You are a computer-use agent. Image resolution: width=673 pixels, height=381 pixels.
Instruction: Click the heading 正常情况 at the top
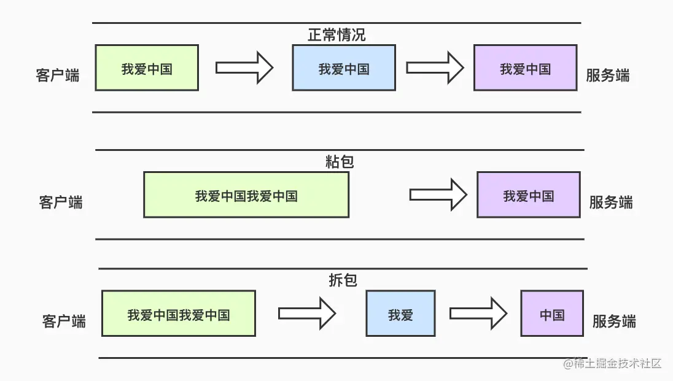click(336, 35)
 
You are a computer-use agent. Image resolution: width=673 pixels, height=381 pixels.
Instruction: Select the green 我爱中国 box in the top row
click(147, 68)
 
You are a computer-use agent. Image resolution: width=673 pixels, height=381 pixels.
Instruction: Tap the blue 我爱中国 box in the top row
click(344, 68)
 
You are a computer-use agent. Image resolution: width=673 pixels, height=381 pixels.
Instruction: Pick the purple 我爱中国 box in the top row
click(525, 68)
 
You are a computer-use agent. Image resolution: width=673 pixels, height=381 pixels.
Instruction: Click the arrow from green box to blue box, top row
click(244, 67)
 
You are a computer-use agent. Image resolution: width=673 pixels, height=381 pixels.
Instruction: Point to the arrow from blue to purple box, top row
click(435, 67)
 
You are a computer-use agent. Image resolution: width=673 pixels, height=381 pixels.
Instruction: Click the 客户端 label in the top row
click(58, 76)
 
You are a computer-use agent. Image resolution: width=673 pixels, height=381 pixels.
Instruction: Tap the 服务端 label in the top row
click(607, 76)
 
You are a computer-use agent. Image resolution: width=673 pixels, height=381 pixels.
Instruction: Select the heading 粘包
click(340, 162)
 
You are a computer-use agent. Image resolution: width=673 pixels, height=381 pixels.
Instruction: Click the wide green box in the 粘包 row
click(246, 195)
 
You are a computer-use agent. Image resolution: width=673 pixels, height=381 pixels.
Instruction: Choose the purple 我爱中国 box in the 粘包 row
click(529, 195)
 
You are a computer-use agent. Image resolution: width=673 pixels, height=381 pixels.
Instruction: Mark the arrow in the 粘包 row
click(438, 194)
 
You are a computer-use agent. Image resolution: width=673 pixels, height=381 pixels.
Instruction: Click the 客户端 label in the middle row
click(61, 202)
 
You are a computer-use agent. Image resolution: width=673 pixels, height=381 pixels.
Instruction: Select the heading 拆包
click(343, 280)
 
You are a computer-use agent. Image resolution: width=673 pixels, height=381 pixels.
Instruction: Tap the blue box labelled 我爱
click(400, 314)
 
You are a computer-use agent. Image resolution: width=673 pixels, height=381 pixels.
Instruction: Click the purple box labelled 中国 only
click(552, 314)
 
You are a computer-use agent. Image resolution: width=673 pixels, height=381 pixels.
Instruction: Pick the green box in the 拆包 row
click(179, 314)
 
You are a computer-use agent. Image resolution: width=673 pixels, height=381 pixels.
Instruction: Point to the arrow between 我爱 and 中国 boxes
click(478, 314)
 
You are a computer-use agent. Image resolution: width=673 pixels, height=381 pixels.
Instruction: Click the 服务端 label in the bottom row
click(613, 321)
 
